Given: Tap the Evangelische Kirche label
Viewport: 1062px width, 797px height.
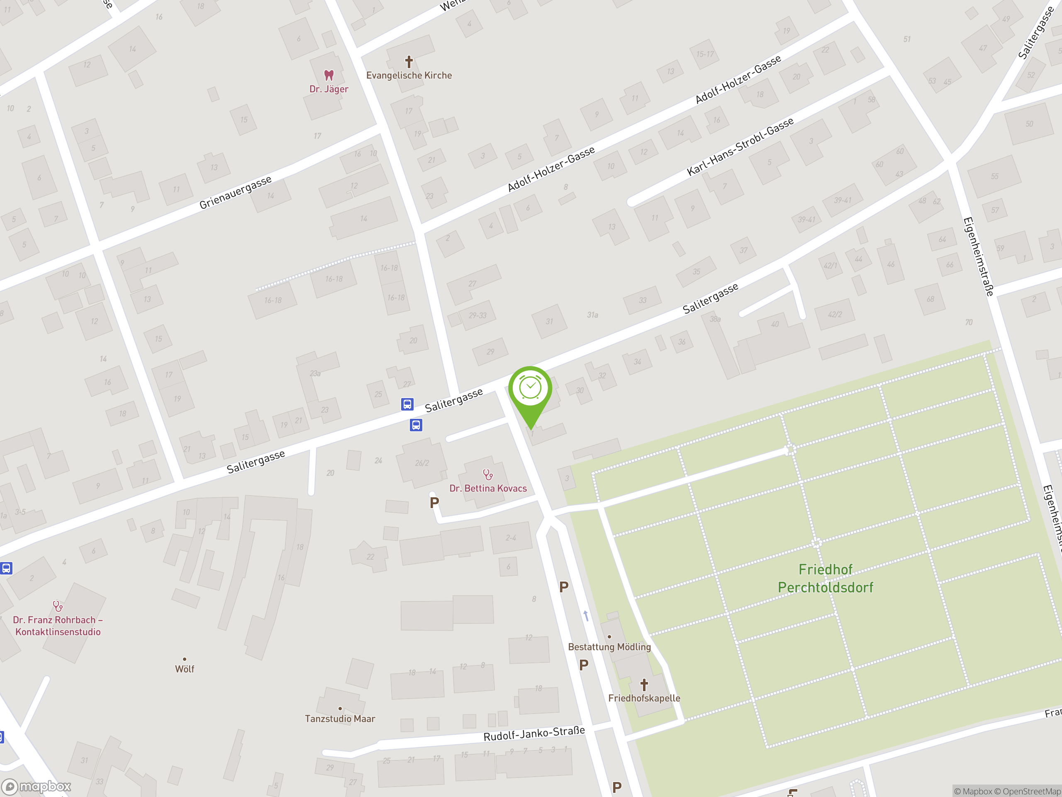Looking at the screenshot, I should (x=409, y=76).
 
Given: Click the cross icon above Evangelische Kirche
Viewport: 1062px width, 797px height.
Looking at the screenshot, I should (x=409, y=61).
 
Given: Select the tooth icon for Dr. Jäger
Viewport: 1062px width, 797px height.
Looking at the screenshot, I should (x=329, y=75).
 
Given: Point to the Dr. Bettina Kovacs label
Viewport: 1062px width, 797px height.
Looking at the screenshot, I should (x=488, y=489).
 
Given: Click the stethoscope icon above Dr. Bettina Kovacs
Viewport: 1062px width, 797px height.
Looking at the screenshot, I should (x=488, y=474).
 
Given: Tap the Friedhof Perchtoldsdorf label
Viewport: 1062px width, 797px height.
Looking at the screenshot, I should (x=825, y=578).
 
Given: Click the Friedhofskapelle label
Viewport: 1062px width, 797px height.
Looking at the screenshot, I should (x=644, y=698).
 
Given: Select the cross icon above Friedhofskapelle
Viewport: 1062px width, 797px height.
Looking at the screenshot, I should (x=644, y=684).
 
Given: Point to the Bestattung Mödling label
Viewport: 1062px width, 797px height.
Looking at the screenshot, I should (x=609, y=647).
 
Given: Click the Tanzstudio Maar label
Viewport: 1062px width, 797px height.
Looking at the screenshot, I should (x=340, y=719).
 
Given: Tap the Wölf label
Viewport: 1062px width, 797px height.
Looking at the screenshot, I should (x=184, y=669).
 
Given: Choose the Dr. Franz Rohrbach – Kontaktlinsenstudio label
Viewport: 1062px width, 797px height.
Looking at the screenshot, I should (x=58, y=626).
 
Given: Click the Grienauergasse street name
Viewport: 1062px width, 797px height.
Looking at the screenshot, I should (x=235, y=192).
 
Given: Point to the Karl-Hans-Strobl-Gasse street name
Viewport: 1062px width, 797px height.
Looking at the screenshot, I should (x=740, y=147).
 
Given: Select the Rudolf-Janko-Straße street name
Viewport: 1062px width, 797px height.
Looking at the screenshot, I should (x=534, y=733).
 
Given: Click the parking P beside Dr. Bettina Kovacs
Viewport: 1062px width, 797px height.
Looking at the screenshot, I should (x=434, y=503).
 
